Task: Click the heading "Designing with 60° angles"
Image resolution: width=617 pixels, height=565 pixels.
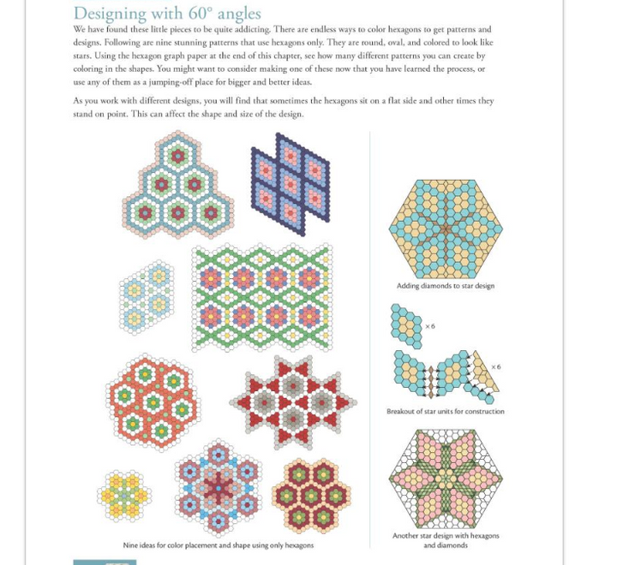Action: [x=167, y=14]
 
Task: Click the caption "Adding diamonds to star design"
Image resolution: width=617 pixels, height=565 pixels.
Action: [x=445, y=286]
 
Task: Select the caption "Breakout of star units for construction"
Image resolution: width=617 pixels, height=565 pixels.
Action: [x=445, y=412]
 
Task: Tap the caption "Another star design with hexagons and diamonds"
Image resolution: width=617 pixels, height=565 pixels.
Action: [x=446, y=540]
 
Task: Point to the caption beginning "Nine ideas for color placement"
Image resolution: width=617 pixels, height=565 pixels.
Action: [x=219, y=545]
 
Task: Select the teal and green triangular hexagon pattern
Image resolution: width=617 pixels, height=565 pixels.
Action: [x=178, y=186]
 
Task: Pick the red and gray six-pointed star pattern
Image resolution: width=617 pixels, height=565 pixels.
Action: [x=293, y=402]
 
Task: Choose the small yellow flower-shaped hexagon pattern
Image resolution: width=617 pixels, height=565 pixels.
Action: [x=124, y=495]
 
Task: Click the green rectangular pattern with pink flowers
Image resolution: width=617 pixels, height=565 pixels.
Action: [x=262, y=297]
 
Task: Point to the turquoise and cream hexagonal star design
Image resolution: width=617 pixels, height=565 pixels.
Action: [x=445, y=229]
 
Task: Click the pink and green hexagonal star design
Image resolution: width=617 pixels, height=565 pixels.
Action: [x=445, y=479]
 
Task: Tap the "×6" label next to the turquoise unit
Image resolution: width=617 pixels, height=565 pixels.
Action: [x=430, y=326]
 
